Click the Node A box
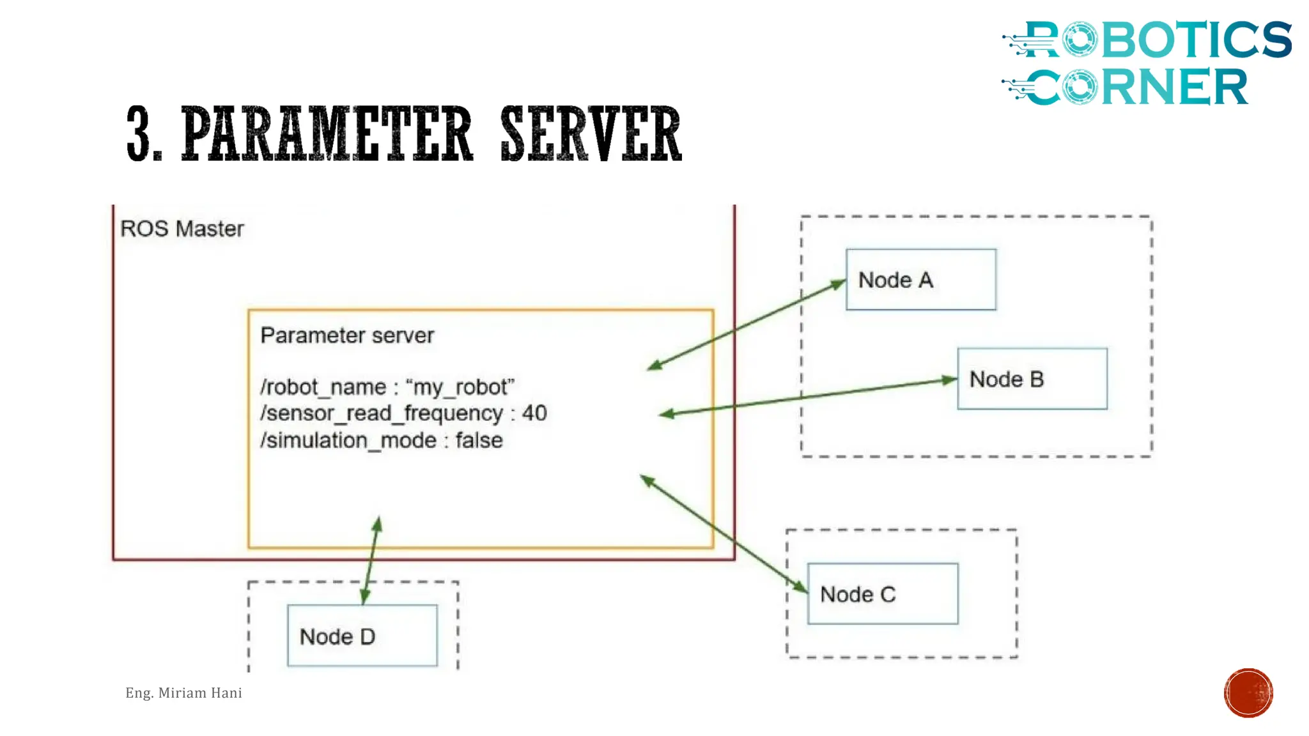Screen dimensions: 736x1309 coord(920,280)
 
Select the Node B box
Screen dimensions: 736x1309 coord(1032,379)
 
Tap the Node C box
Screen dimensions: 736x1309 coord(882,594)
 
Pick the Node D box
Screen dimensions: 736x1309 coord(362,636)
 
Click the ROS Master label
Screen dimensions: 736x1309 coord(182,229)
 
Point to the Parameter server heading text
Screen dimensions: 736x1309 coord(347,335)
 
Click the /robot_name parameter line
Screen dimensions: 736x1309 coord(387,387)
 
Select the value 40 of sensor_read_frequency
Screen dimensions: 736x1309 coord(534,413)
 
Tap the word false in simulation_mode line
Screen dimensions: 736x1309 coord(479,440)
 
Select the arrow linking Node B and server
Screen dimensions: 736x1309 coord(808,397)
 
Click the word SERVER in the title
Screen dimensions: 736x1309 coord(591,134)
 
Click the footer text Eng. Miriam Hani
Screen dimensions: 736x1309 coord(183,693)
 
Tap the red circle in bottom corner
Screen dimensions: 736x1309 coord(1248,693)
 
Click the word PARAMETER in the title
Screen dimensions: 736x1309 coord(327,134)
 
